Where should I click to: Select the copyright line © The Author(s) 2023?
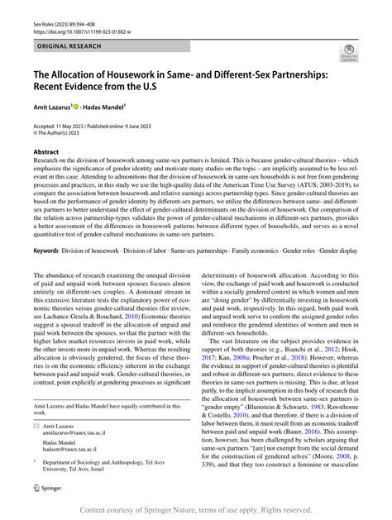point(66,133)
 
